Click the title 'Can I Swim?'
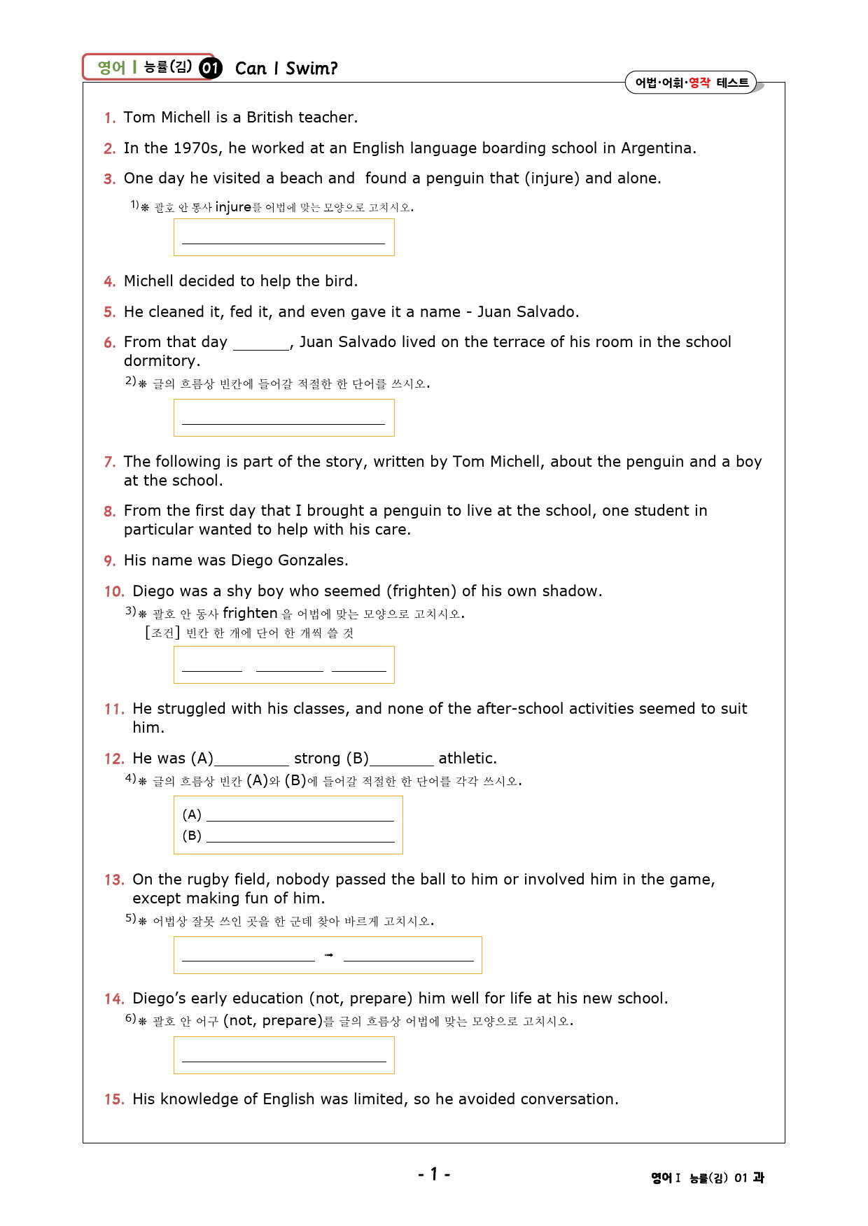pos(286,69)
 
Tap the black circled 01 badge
pos(210,68)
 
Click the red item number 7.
pos(109,463)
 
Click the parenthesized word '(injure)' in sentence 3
pos(552,178)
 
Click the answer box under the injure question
pos(283,237)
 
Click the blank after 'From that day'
pos(261,343)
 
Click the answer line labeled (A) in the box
pos(300,815)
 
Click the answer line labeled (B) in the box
pos(300,836)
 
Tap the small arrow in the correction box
pos(329,955)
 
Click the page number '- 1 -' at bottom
pos(434,1174)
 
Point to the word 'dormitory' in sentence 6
pos(160,361)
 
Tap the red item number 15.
pos(114,1100)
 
